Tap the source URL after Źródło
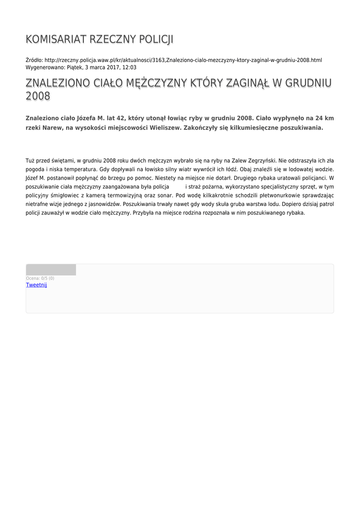183,60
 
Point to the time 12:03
130,67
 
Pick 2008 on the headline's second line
38,96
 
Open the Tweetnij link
36,285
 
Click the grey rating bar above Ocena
51,270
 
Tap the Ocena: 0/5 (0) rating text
40,278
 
